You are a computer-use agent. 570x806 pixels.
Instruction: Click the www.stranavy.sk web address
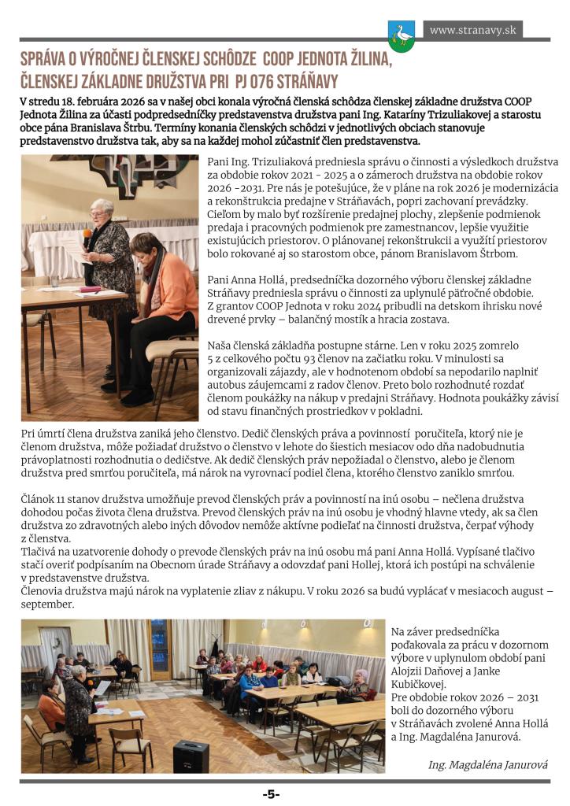(x=472, y=31)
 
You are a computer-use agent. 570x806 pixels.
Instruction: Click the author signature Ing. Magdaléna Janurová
(x=488, y=764)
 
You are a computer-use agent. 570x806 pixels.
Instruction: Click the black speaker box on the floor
(x=189, y=756)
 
